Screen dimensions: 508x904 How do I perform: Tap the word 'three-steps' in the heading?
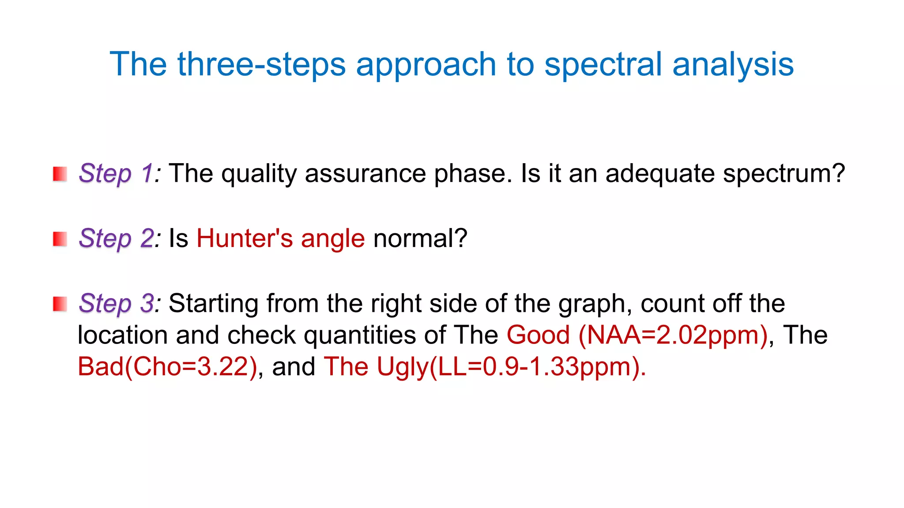261,65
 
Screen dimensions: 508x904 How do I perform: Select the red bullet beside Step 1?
60,174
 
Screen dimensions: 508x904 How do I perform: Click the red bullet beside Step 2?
60,239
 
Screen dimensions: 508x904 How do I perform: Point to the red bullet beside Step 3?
60,304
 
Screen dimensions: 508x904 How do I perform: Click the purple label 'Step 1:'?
119,173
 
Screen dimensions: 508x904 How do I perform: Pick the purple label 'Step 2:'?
119,239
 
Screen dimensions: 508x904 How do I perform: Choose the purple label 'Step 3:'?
119,303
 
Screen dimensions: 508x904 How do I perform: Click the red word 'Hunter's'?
245,239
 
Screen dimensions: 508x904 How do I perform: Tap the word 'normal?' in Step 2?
420,239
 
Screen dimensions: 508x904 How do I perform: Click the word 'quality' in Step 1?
259,173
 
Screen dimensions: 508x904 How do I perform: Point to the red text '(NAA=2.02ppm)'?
673,335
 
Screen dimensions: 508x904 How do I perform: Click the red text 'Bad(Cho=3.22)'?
167,367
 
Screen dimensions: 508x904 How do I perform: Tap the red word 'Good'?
538,335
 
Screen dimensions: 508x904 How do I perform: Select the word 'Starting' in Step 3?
213,303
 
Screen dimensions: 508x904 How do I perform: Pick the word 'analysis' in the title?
733,65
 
